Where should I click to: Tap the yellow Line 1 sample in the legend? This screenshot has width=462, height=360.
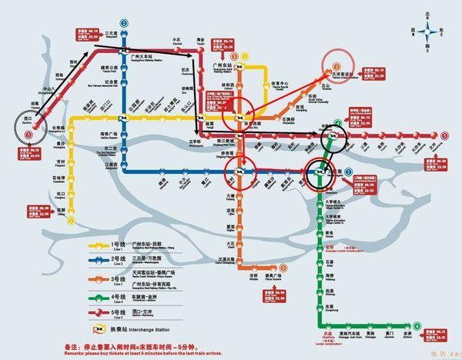click(99, 245)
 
